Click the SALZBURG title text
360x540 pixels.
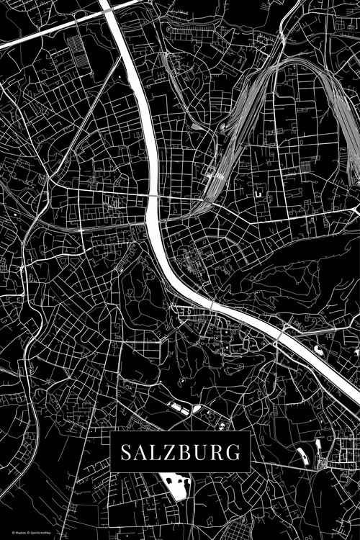pyautogui.click(x=180, y=453)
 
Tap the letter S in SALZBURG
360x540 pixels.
pyautogui.click(x=125, y=453)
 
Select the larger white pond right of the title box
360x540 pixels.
pyautogui.click(x=301, y=455)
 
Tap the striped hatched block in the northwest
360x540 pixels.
pyautogui.click(x=76, y=50)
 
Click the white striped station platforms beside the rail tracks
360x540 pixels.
pyautogui.click(x=214, y=173)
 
